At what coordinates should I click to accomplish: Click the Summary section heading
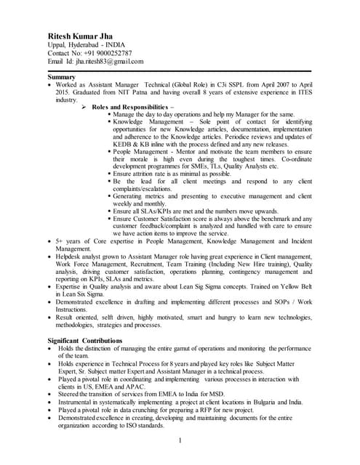click(62, 77)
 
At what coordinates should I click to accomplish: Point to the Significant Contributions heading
click(85, 341)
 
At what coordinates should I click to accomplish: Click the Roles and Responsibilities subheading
click(132, 108)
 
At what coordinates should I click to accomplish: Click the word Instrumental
click(81, 402)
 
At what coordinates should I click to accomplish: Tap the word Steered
click(71, 394)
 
